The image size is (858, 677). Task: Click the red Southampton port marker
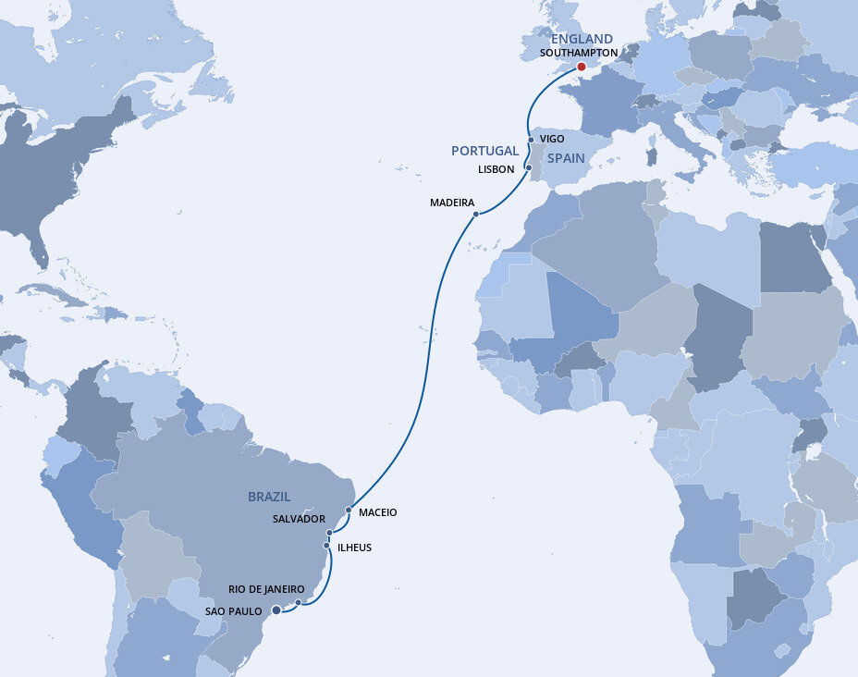pos(581,67)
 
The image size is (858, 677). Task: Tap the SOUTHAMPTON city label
pos(579,53)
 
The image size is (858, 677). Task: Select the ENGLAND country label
pos(582,39)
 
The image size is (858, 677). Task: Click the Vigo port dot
pos(530,141)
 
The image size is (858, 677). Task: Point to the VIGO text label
pos(552,139)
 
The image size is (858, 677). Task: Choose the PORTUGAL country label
pos(484,151)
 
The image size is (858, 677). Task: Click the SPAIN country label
pos(566,158)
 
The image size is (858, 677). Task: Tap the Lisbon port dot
pos(528,167)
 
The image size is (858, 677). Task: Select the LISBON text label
pos(496,169)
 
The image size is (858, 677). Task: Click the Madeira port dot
pos(476,215)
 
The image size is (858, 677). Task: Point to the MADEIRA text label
pos(452,203)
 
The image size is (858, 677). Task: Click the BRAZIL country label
pos(269,497)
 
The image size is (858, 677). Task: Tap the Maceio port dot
pos(349,510)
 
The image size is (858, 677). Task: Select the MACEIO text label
pos(377,512)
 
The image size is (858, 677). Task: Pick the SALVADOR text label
pos(299,519)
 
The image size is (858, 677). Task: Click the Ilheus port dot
pos(326,546)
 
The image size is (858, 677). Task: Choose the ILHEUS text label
pos(354,548)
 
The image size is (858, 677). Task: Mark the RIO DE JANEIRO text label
pos(266,589)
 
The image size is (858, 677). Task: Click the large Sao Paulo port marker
pos(276,609)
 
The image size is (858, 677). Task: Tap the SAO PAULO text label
pos(232,610)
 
